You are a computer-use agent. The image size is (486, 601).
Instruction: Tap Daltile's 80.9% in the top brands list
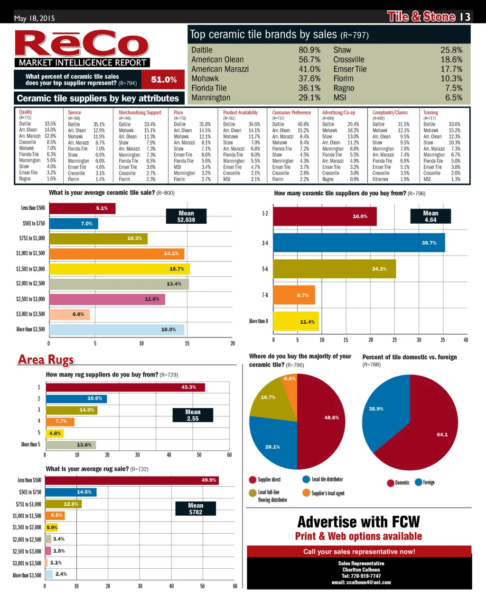(309, 50)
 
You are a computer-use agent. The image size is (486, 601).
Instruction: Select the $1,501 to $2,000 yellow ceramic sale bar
(119, 269)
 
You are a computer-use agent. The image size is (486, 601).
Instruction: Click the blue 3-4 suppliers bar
(359, 243)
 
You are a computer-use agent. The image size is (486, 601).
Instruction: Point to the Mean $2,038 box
(186, 217)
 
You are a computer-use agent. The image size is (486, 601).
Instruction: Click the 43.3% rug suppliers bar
(125, 387)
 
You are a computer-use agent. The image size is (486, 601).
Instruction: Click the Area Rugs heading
(46, 360)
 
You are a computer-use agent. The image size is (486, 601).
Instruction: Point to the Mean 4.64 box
(430, 217)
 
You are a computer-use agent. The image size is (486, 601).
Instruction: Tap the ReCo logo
(82, 44)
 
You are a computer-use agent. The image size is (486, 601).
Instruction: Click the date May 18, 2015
(34, 18)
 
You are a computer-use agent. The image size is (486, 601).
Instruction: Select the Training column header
(430, 113)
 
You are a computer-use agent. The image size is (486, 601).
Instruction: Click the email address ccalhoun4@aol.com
(361, 583)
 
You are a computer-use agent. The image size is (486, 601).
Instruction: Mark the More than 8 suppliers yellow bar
(296, 321)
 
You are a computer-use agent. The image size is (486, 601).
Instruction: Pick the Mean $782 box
(196, 509)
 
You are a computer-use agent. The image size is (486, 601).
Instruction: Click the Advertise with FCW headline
(358, 522)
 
